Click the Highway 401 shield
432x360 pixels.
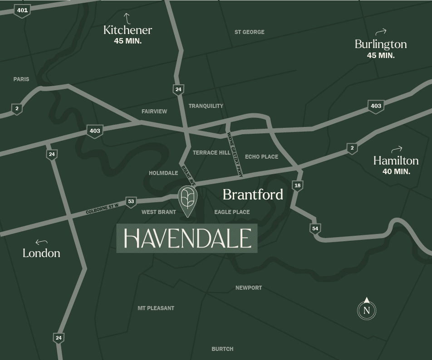click(x=22, y=10)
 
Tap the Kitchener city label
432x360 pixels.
click(x=128, y=30)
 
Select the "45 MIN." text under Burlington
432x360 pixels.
click(x=380, y=55)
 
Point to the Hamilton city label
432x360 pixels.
click(x=396, y=161)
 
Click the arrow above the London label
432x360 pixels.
click(x=41, y=242)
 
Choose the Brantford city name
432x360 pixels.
click(x=253, y=195)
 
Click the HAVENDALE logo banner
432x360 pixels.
click(x=187, y=238)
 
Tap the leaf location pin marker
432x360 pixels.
click(x=187, y=199)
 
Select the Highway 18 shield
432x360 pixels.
click(x=297, y=185)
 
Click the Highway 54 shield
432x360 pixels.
click(x=315, y=229)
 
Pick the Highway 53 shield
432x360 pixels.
click(x=131, y=202)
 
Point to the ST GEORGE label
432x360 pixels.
click(x=249, y=32)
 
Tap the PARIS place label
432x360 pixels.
click(x=21, y=79)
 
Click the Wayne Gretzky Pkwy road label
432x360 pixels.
click(x=235, y=154)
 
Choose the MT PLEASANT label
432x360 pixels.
click(x=156, y=308)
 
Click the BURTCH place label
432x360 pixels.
click(x=222, y=349)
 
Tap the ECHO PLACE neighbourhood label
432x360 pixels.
click(x=261, y=157)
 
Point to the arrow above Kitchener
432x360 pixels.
click(x=127, y=18)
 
